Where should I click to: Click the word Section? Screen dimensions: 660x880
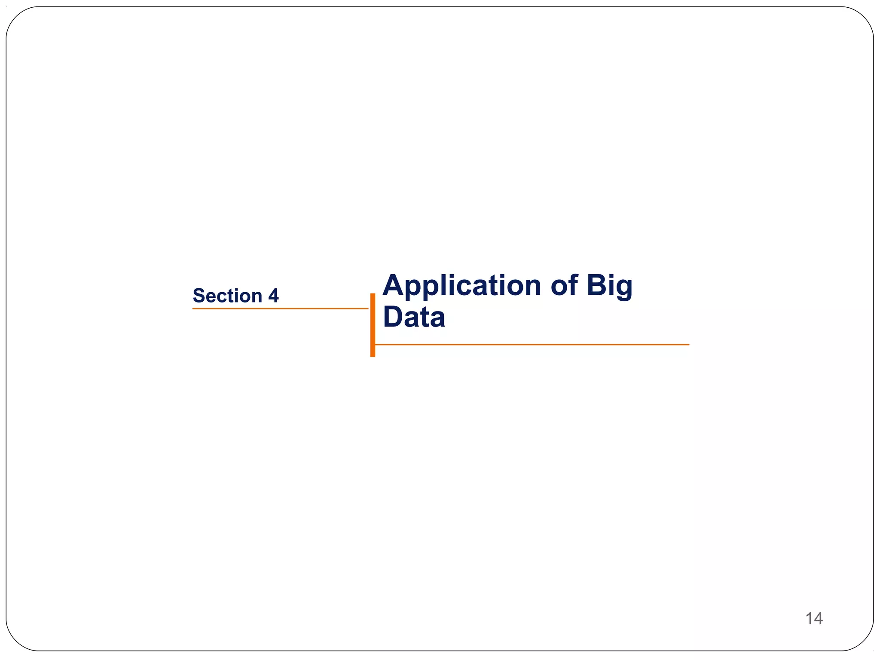pos(227,296)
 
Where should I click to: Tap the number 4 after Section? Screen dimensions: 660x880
pos(273,296)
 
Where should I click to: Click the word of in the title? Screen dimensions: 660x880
pos(564,285)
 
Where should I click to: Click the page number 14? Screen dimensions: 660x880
pos(814,618)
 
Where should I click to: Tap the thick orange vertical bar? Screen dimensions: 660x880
pos(373,325)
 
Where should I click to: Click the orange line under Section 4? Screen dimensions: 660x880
pos(280,309)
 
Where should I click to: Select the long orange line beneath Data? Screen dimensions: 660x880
pos(532,345)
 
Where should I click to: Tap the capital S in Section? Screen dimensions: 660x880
pos(199,296)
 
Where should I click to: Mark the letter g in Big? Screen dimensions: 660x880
pos(623,289)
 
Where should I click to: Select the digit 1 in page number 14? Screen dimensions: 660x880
pos(809,618)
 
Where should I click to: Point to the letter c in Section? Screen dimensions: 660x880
pos(222,297)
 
